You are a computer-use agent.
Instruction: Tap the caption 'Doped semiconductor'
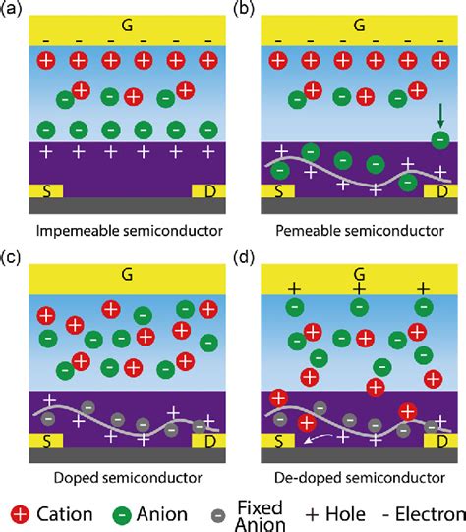(x=125, y=478)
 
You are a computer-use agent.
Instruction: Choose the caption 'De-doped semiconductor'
(x=358, y=478)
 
